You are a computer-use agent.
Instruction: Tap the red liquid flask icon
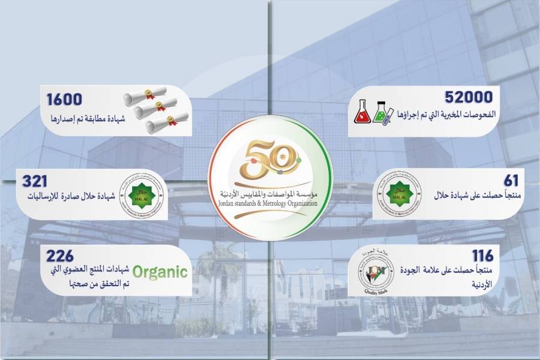point(362,112)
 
